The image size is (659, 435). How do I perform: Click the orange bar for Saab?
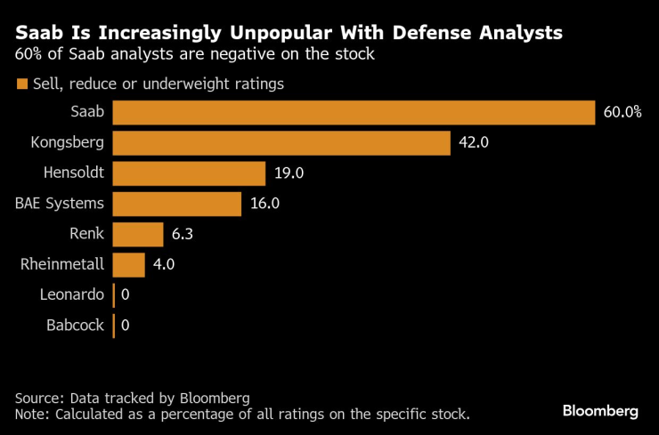(354, 112)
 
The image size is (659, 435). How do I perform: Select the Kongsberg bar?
(281, 142)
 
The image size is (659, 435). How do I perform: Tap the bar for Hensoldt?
(190, 173)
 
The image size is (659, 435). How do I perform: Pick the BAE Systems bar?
(177, 203)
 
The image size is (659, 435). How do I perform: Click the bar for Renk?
(138, 234)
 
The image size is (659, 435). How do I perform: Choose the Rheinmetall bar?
(129, 264)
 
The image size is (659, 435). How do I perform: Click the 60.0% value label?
(623, 112)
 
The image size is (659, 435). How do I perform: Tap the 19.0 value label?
(289, 173)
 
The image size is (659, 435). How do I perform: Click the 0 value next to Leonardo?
(126, 294)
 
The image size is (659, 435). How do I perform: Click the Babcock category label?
(75, 325)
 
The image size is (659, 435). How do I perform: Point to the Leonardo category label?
(72, 294)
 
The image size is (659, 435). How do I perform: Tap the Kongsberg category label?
(68, 142)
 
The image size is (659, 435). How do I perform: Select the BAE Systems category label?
(60, 203)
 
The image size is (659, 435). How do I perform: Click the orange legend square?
(20, 85)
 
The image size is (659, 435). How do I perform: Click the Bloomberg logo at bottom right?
(600, 411)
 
